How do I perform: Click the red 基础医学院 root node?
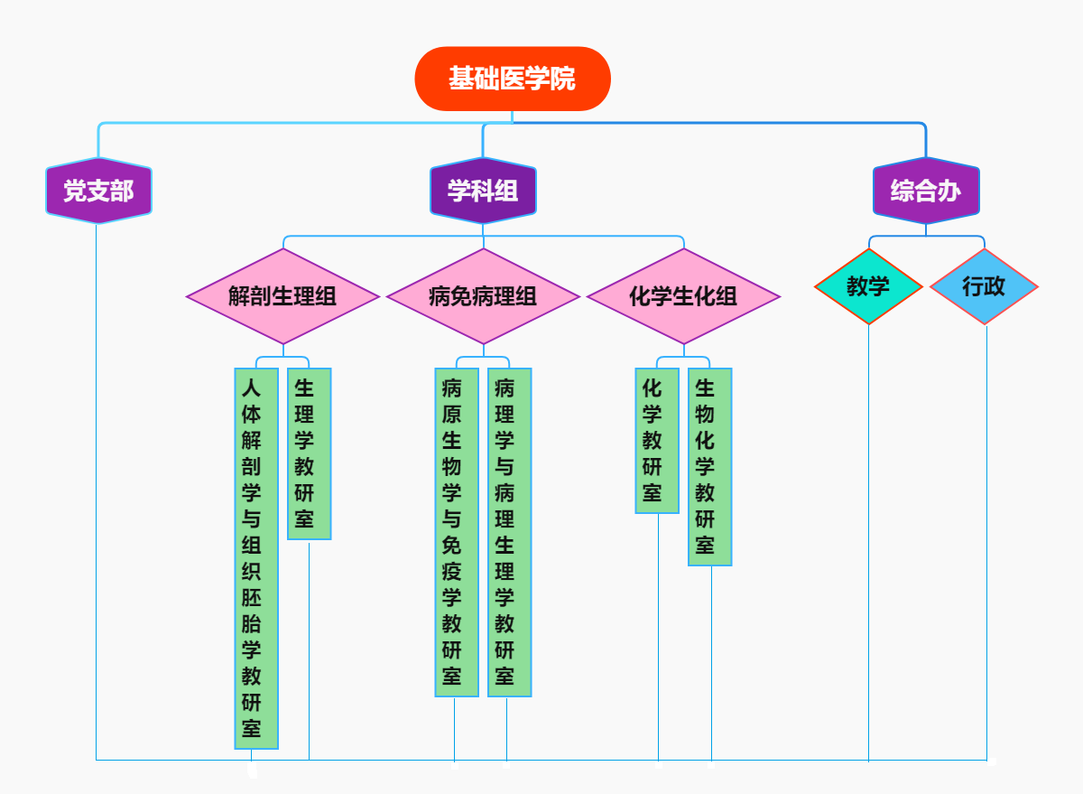tap(513, 79)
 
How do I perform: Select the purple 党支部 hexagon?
tap(98, 191)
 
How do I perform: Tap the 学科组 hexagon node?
tap(483, 191)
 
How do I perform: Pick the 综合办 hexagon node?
tap(926, 191)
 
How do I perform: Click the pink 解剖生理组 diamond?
tap(282, 296)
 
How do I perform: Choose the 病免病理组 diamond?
tap(483, 296)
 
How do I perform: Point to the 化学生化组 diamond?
tap(683, 296)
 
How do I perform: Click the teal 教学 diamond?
tap(868, 286)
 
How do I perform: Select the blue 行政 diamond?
tap(984, 286)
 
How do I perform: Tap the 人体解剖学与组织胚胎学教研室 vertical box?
tap(256, 558)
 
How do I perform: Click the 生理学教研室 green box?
tap(309, 453)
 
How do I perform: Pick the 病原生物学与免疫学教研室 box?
tap(457, 532)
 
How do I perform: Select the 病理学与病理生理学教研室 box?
tap(509, 532)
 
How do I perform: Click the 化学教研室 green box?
tap(657, 440)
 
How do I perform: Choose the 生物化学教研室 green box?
tap(709, 466)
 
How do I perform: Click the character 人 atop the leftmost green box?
tap(252, 388)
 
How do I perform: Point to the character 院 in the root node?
tap(564, 79)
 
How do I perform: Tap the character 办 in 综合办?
tap(949, 191)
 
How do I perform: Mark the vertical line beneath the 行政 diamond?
tap(986, 542)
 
